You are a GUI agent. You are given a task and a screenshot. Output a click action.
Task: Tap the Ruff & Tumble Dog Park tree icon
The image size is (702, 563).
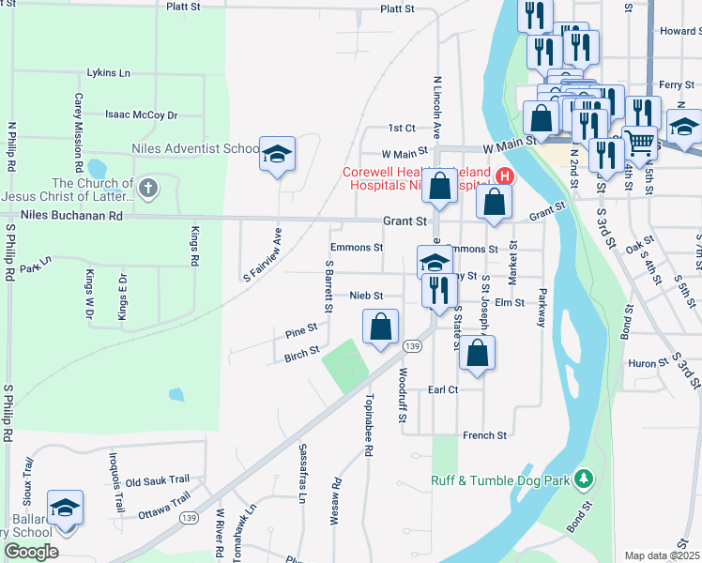coord(584,480)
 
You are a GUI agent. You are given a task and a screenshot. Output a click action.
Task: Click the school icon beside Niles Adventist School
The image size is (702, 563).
coord(277,153)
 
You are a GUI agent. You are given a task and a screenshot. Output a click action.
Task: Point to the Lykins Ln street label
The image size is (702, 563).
coord(108,72)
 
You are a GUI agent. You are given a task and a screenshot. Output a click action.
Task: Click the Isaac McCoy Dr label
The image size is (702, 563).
coord(141,114)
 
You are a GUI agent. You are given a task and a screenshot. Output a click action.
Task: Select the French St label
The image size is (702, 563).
coord(484,435)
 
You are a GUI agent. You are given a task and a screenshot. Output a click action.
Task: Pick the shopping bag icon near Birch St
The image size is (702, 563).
coord(380,327)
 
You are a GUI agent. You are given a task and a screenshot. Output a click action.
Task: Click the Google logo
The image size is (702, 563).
coord(31,551)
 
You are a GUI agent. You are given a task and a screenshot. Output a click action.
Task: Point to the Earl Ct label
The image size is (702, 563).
coord(442,389)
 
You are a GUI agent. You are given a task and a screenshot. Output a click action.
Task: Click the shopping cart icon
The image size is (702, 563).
coord(639,143)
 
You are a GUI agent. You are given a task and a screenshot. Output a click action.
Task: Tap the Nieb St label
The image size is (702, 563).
coord(366,295)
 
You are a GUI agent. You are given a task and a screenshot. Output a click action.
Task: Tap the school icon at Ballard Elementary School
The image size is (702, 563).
coord(65,508)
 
